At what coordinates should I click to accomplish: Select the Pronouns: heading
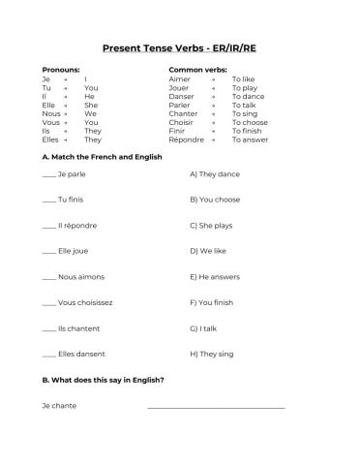pyautogui.click(x=61, y=70)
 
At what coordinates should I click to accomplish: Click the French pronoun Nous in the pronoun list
pyautogui.click(x=51, y=113)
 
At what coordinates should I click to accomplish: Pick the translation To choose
pyautogui.click(x=250, y=122)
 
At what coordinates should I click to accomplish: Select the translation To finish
pyautogui.click(x=248, y=131)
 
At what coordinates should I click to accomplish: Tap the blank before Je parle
pyautogui.click(x=49, y=175)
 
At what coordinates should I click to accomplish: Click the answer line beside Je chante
pyautogui.click(x=216, y=406)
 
